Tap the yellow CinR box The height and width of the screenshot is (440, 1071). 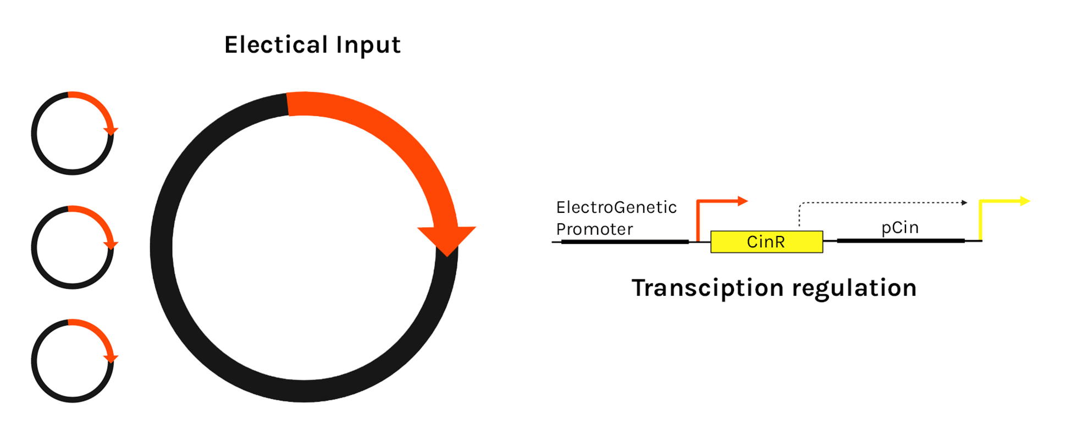coord(766,241)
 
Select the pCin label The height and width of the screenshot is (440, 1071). coord(899,227)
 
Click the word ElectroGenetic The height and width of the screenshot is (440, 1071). coord(616,207)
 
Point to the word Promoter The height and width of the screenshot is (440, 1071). coord(594,229)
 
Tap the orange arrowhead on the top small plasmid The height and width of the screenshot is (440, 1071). coord(111,131)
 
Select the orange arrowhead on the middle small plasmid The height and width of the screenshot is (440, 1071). coord(111,245)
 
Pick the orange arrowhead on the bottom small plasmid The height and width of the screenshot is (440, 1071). coord(111,359)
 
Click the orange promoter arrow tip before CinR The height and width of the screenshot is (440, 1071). coord(743,201)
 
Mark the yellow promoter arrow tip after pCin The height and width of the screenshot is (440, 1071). coord(1024,201)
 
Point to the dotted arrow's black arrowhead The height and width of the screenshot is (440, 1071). coord(964,203)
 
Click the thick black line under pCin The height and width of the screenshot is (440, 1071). coord(901,240)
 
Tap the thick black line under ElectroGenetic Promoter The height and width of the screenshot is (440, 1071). coord(625,241)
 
